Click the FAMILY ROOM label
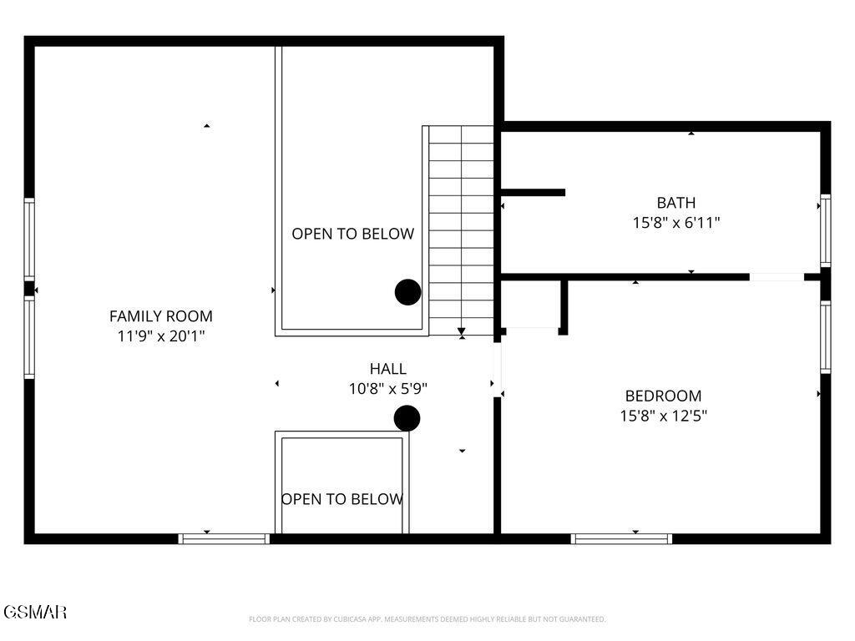click(161, 316)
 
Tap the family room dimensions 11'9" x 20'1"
click(161, 336)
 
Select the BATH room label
click(675, 202)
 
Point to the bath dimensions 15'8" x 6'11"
click(675, 223)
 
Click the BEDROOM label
click(663, 396)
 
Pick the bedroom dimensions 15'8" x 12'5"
click(663, 416)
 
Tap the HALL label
click(388, 368)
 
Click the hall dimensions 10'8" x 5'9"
click(388, 388)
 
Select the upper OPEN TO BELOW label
click(352, 234)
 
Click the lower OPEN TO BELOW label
click(342, 499)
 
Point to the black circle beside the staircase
click(407, 292)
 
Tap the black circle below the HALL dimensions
click(407, 418)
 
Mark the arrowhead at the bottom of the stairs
click(462, 332)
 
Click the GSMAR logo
click(34, 612)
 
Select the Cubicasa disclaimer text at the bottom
click(427, 619)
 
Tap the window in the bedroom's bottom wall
click(621, 539)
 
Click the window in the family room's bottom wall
click(225, 539)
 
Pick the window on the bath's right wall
click(825, 230)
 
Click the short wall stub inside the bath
click(534, 193)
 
